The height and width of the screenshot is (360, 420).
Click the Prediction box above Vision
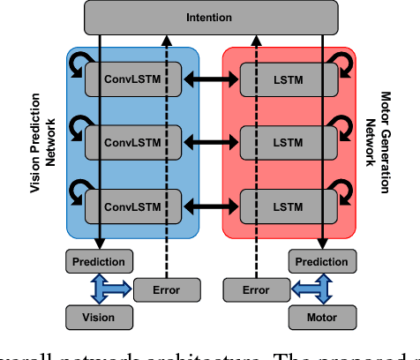tap(100, 262)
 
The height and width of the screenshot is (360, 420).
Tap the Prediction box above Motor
tap(322, 262)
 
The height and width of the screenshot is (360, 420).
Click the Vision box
tap(100, 316)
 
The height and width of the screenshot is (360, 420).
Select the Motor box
tap(322, 316)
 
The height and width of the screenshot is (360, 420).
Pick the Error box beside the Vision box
tap(165, 289)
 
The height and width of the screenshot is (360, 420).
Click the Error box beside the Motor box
tap(255, 289)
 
